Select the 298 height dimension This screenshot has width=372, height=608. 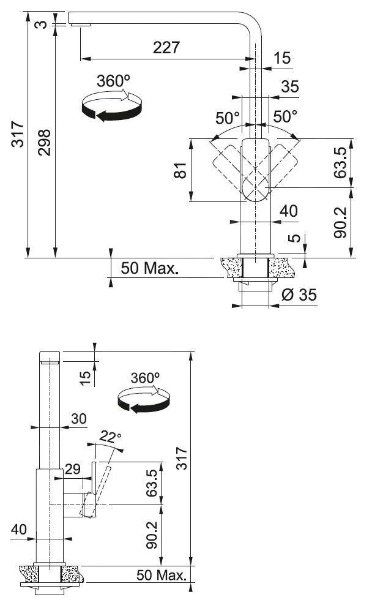click(45, 142)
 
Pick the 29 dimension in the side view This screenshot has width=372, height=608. click(73, 470)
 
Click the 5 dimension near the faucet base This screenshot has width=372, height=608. click(296, 237)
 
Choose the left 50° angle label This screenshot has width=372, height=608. click(228, 116)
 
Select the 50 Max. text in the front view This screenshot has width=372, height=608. click(149, 268)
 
